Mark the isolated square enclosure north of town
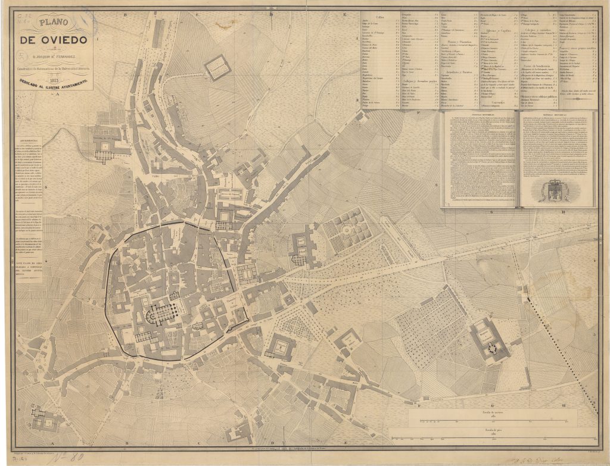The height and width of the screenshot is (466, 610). click(217, 67)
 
